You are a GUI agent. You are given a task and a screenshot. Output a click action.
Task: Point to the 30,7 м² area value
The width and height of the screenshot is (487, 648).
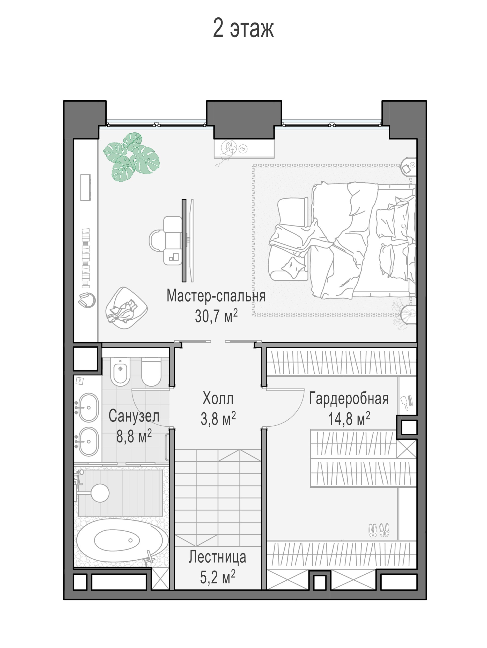216,316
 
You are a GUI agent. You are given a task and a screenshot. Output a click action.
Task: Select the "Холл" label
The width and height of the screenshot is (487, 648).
218,398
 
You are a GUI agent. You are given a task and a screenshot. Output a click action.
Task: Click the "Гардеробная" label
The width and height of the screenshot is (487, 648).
349,398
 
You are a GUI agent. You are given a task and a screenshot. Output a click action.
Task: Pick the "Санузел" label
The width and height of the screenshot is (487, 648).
134,416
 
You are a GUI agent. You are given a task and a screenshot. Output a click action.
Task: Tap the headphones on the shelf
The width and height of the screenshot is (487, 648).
87,300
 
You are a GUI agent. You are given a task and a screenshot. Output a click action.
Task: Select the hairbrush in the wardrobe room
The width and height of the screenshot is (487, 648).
407,403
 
